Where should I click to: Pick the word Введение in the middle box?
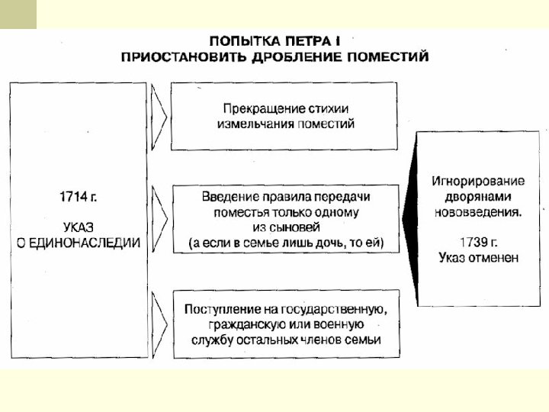[228, 196]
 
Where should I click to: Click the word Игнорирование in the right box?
[478, 182]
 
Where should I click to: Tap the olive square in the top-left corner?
[18, 14]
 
